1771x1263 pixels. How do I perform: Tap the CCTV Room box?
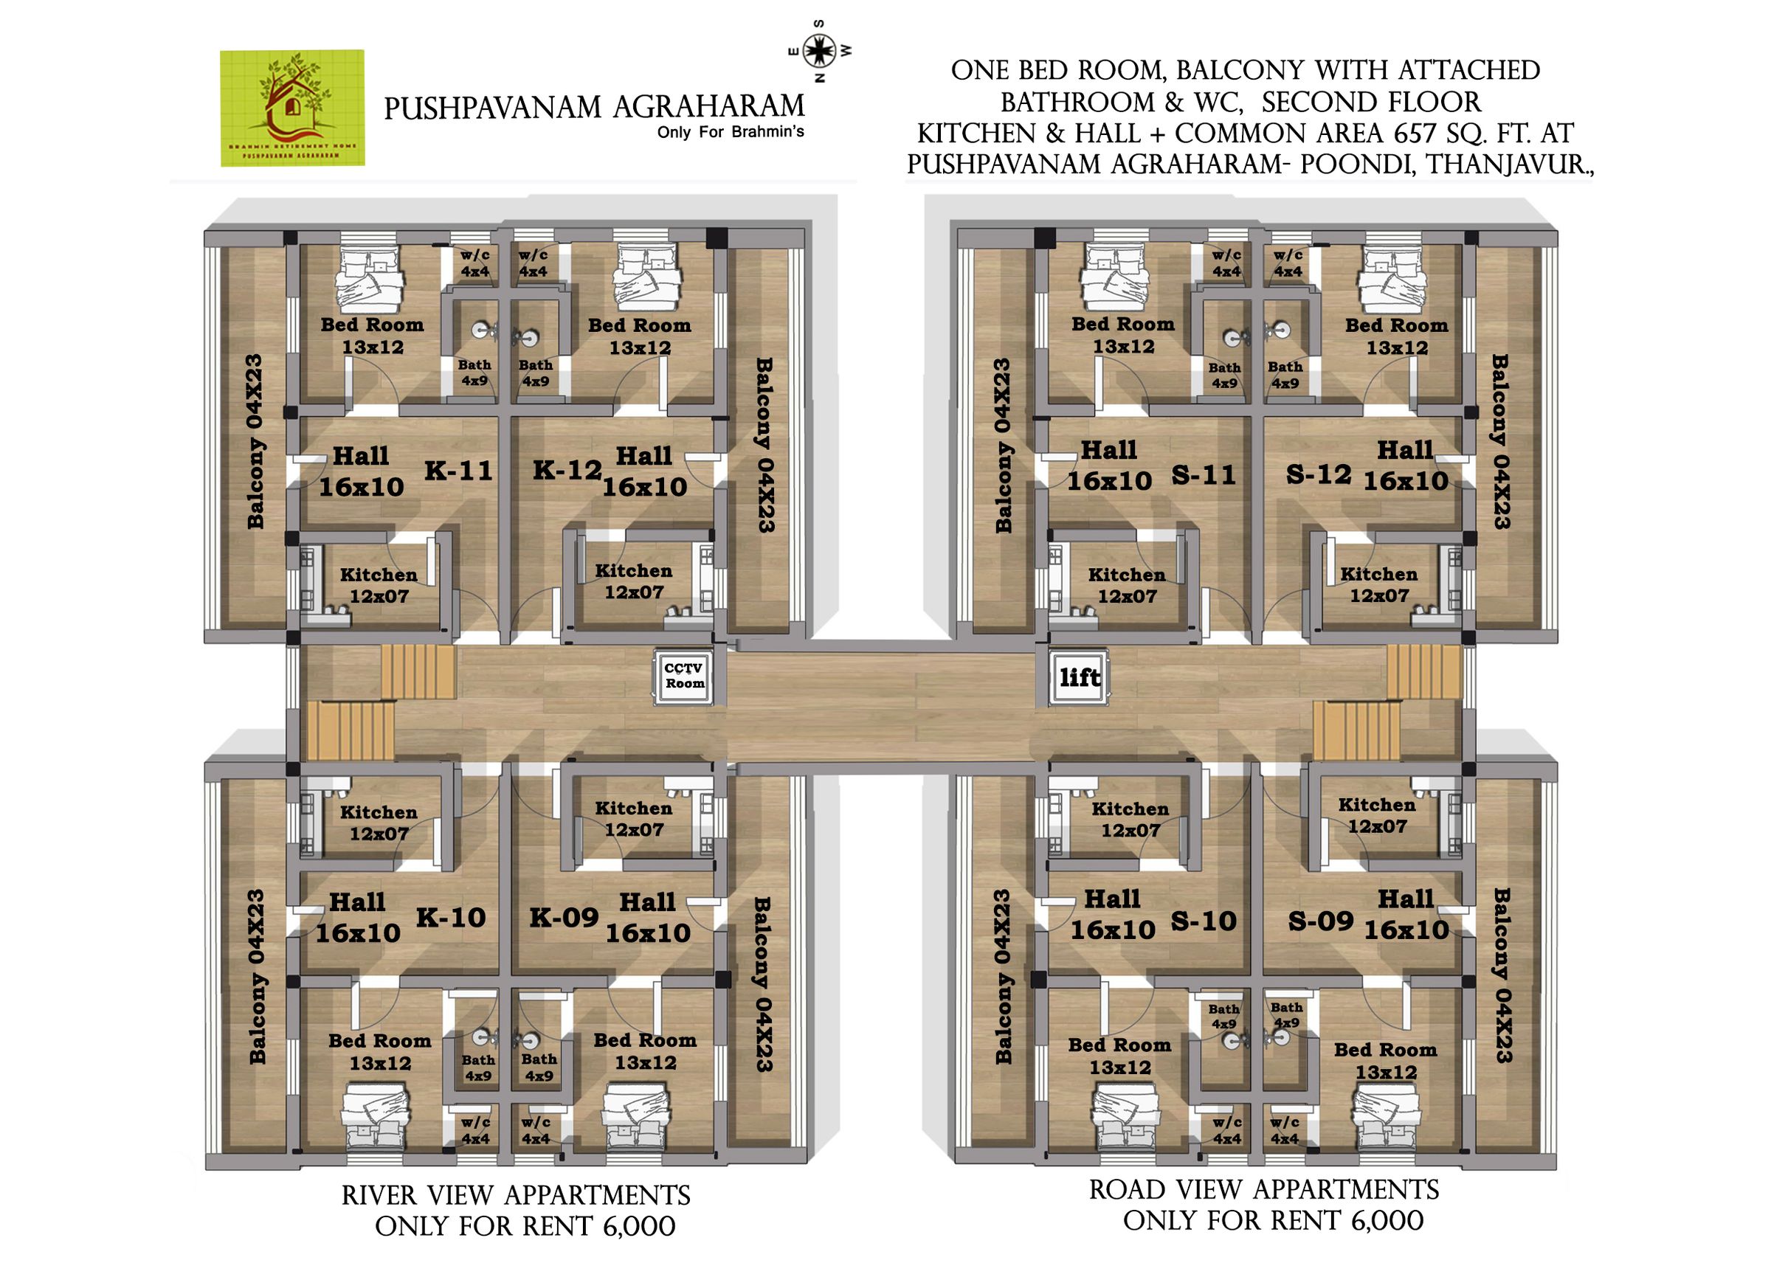click(683, 677)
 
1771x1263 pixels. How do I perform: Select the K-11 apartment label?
click(458, 471)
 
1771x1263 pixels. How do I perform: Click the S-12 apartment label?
click(1319, 474)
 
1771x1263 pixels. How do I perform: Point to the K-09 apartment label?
click(563, 918)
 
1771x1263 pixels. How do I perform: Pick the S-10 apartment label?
click(1204, 921)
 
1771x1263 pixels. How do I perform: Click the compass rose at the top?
click(819, 52)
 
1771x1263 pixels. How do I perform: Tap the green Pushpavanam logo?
click(291, 108)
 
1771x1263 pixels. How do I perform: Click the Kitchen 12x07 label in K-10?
click(379, 823)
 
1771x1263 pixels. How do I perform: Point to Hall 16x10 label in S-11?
click(1108, 466)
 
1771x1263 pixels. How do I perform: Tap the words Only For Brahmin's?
click(730, 132)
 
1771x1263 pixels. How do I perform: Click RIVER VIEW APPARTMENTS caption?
click(516, 1195)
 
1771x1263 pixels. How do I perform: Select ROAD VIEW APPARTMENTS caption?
click(1263, 1190)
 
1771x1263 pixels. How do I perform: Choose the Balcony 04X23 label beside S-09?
click(1500, 975)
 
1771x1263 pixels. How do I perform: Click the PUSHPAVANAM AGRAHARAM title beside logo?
click(593, 106)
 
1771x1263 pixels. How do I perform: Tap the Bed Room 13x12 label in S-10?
click(1119, 1056)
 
